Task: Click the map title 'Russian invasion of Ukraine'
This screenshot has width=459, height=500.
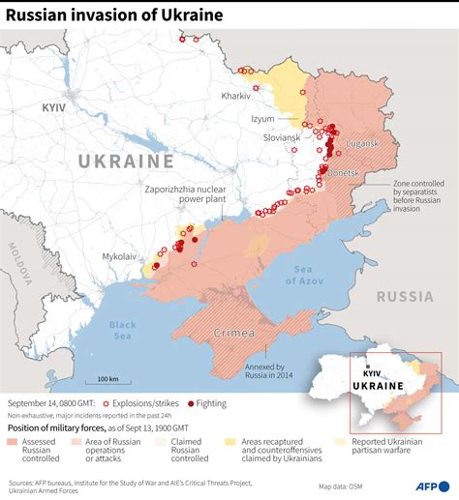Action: coord(113,15)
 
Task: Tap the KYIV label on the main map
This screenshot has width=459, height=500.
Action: coord(53,108)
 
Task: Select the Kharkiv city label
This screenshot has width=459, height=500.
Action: coord(235,96)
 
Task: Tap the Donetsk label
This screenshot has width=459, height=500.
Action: coord(343,172)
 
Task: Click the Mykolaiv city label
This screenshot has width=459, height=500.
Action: coord(119,256)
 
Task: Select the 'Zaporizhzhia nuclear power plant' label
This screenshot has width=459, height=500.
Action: coord(185,193)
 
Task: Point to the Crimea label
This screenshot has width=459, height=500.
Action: coord(234,333)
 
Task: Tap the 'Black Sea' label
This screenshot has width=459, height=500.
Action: coord(123,330)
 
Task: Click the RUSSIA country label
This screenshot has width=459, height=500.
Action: coord(405,296)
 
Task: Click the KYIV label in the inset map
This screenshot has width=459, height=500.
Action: coord(371,372)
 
